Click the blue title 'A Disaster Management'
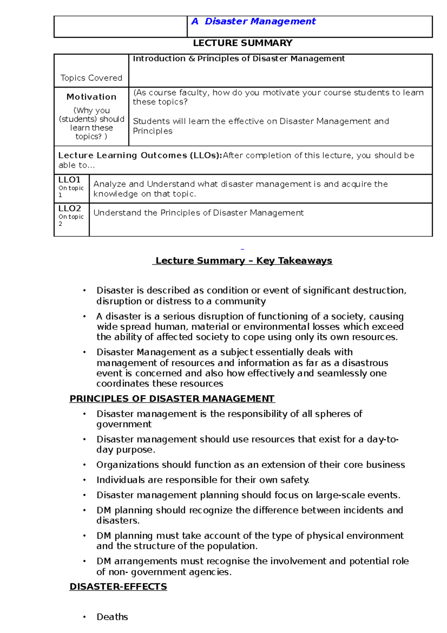[x=253, y=22]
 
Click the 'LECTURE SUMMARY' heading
[x=242, y=43]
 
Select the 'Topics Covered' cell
[x=91, y=78]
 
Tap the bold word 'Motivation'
[x=91, y=97]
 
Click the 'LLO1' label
[x=69, y=180]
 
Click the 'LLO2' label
[x=69, y=208]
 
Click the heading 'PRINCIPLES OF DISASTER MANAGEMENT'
[x=172, y=399]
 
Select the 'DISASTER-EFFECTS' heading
[x=118, y=586]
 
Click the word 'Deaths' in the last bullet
[x=112, y=617]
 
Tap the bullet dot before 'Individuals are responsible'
[x=85, y=480]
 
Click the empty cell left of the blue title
[x=120, y=26]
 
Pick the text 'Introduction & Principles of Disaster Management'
[x=239, y=59]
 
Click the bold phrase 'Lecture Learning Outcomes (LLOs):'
[x=140, y=155]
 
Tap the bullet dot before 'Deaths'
[x=85, y=617]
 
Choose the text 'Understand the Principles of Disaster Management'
[x=199, y=213]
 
